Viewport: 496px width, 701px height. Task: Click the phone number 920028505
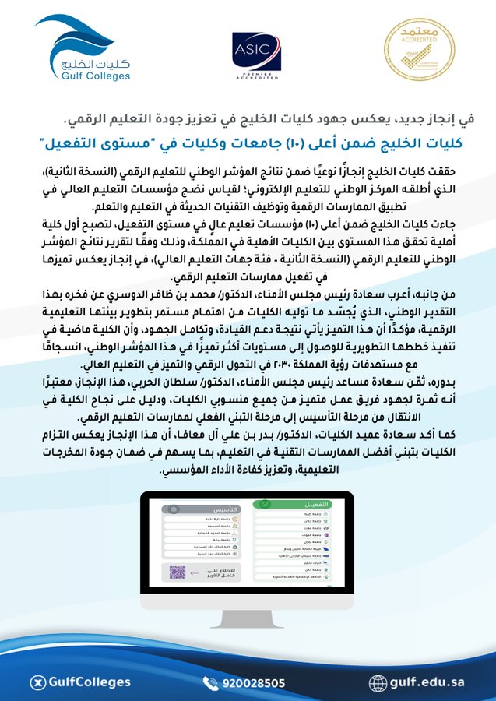tap(252, 683)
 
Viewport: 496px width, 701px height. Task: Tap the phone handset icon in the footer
tap(211, 683)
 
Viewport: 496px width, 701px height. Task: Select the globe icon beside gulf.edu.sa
tap(378, 683)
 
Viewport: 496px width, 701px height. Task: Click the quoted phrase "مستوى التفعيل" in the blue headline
tap(89, 143)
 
